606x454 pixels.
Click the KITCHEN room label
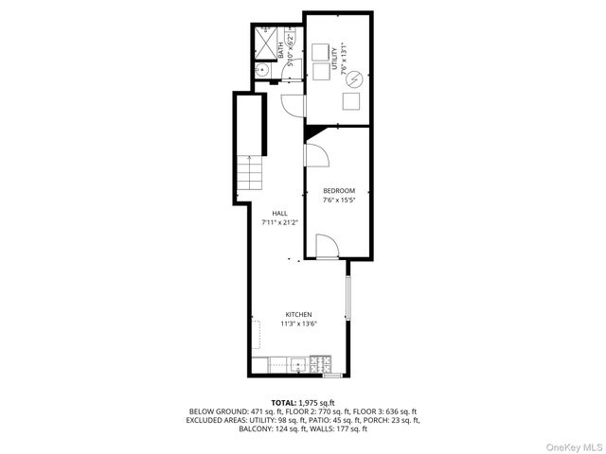[298, 314]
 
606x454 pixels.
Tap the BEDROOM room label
[339, 191]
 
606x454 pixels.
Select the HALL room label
[279, 213]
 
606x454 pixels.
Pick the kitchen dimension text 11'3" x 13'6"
[298, 323]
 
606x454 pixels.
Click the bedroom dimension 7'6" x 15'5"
[339, 201]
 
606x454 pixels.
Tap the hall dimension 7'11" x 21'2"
[279, 222]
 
